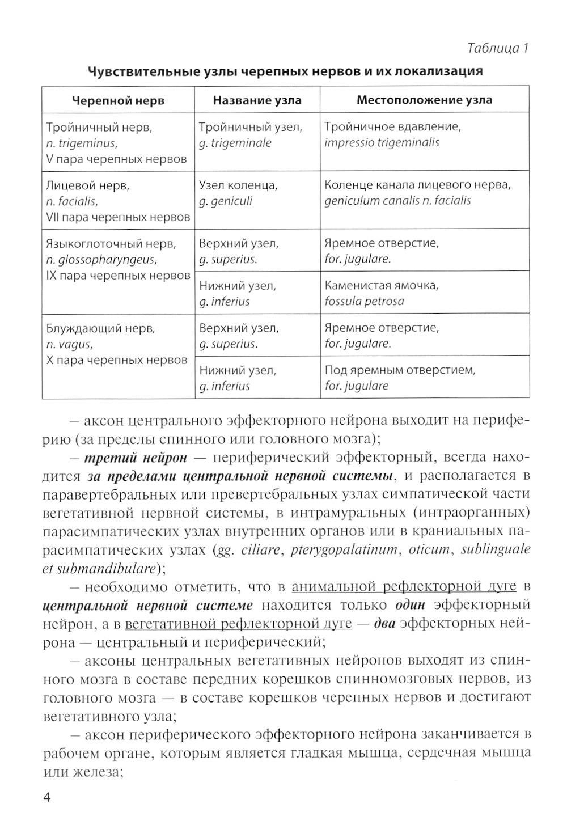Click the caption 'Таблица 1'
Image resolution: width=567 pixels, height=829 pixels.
(497, 48)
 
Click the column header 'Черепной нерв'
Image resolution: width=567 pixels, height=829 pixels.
(118, 100)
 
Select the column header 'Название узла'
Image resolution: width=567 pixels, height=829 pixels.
(257, 100)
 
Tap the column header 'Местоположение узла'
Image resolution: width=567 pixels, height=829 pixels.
(424, 100)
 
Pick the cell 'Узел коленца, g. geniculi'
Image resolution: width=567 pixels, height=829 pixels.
(257, 193)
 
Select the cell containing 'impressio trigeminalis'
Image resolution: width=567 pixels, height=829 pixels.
(424, 135)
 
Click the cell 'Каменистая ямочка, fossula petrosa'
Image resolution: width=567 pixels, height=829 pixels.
(424, 293)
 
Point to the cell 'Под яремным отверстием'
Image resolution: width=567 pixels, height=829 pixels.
(424, 378)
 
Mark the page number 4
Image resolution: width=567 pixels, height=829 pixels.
(48, 798)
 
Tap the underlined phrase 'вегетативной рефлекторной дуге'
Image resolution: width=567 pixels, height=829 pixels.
(238, 624)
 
